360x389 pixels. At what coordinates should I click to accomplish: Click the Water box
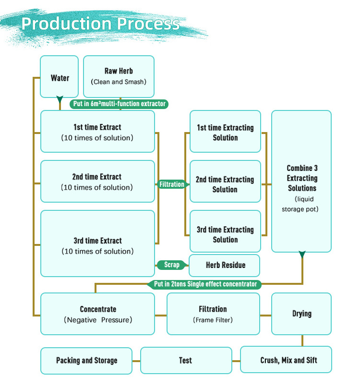tap(60, 77)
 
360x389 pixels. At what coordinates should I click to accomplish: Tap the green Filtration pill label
tap(172, 184)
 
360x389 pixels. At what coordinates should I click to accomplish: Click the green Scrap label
tap(172, 265)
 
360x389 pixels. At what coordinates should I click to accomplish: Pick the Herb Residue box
tap(225, 265)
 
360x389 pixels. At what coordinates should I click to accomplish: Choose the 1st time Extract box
tap(97, 132)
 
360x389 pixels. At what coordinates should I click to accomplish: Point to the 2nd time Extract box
tap(97, 182)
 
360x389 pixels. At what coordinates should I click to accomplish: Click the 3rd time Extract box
tap(97, 243)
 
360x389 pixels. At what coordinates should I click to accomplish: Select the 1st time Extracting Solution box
tap(225, 132)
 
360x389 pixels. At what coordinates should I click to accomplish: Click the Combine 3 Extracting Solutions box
tap(301, 182)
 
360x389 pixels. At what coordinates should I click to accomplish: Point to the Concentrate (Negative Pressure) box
tap(97, 314)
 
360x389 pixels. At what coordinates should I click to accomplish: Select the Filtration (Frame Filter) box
tap(213, 314)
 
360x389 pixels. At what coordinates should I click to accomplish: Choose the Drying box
tap(301, 314)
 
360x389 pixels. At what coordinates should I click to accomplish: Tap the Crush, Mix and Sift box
tap(286, 360)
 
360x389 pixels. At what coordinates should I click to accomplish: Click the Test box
tap(185, 360)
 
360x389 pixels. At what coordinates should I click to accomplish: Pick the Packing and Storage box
tap(86, 360)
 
